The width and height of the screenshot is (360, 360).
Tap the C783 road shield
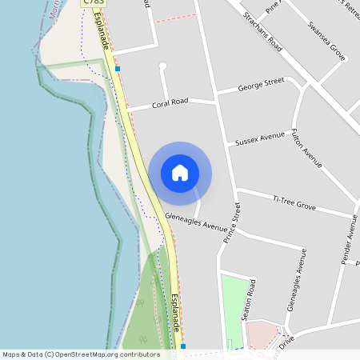tap(94, 3)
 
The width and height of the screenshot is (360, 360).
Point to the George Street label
tap(262, 83)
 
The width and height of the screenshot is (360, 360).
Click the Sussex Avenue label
tap(260, 139)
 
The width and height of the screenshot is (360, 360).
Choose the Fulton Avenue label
tap(306, 148)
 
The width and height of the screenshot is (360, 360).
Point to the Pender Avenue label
tap(350, 240)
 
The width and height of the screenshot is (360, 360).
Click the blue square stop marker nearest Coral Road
tap(118, 70)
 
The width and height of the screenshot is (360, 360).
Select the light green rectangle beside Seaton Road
tap(233, 308)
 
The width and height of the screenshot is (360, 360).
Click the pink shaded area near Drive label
tap(261, 335)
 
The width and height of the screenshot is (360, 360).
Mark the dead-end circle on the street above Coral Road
tap(162, 66)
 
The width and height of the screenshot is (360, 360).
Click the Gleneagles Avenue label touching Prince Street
tap(197, 221)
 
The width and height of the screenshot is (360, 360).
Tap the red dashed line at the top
tap(174, 17)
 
